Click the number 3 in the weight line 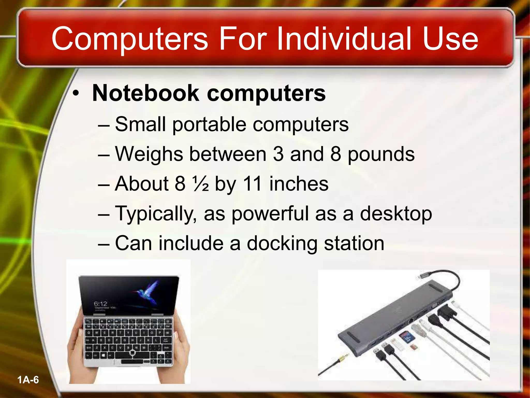278,154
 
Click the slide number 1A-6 28,380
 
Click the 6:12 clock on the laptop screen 100,303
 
